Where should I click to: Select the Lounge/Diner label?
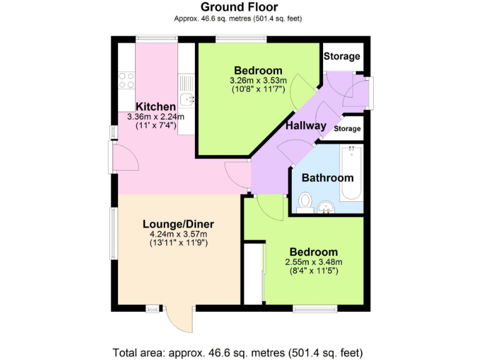[178, 224]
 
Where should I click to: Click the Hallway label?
[306, 126]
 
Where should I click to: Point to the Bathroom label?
[327, 178]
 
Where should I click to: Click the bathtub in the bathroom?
[351, 173]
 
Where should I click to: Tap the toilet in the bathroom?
[305, 202]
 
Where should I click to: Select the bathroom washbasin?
[326, 207]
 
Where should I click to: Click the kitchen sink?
[186, 94]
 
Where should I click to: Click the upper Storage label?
[342, 56]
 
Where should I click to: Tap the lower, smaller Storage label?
[347, 129]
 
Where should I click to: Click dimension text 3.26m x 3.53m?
[258, 81]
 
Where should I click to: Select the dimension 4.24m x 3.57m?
[178, 234]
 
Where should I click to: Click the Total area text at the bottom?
[237, 352]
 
